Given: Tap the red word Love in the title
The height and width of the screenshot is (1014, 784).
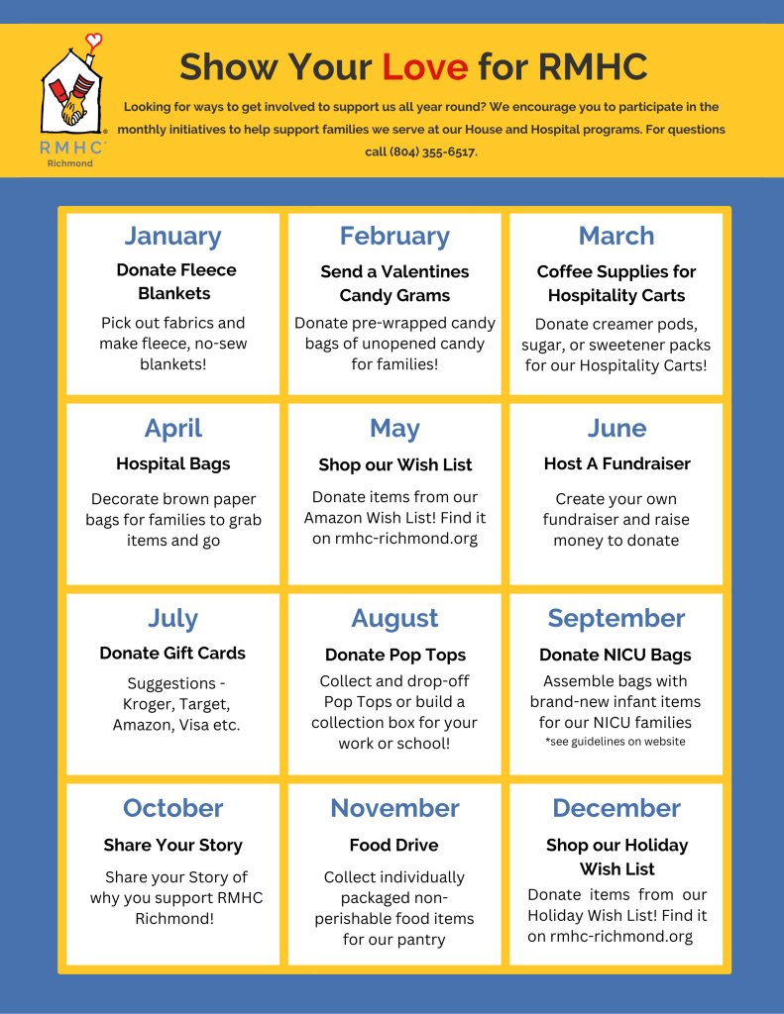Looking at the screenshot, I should point(424,67).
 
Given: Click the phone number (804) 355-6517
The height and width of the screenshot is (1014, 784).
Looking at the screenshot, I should point(435,152).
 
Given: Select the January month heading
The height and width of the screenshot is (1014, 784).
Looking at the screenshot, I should point(172,236).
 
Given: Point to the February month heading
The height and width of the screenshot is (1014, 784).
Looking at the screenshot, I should point(394,236).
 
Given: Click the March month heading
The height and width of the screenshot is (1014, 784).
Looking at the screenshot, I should point(616,236).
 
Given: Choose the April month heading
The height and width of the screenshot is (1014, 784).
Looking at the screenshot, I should point(172,428).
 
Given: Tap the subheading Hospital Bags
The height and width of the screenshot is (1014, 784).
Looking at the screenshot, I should point(172,463).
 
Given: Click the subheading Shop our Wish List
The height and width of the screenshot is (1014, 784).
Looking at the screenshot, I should point(394,464).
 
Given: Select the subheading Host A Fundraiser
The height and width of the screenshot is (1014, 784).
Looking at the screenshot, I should point(616,463).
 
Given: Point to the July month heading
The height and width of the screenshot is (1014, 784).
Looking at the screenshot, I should point(172,618).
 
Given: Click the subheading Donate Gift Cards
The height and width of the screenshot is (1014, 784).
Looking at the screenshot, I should point(172,653).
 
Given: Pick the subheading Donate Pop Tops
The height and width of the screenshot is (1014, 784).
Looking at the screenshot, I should point(394,655).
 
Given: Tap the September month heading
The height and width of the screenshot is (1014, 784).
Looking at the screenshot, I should point(616,618).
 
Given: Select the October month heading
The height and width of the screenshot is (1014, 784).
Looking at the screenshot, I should point(172,808).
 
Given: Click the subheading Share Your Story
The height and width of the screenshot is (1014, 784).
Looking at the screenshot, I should point(172,845).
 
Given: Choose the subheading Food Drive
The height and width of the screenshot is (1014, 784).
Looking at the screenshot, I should point(394,845).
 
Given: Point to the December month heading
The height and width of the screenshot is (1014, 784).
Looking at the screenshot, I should point(616,808).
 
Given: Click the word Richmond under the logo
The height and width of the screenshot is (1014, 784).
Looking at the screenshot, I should point(70,163).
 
